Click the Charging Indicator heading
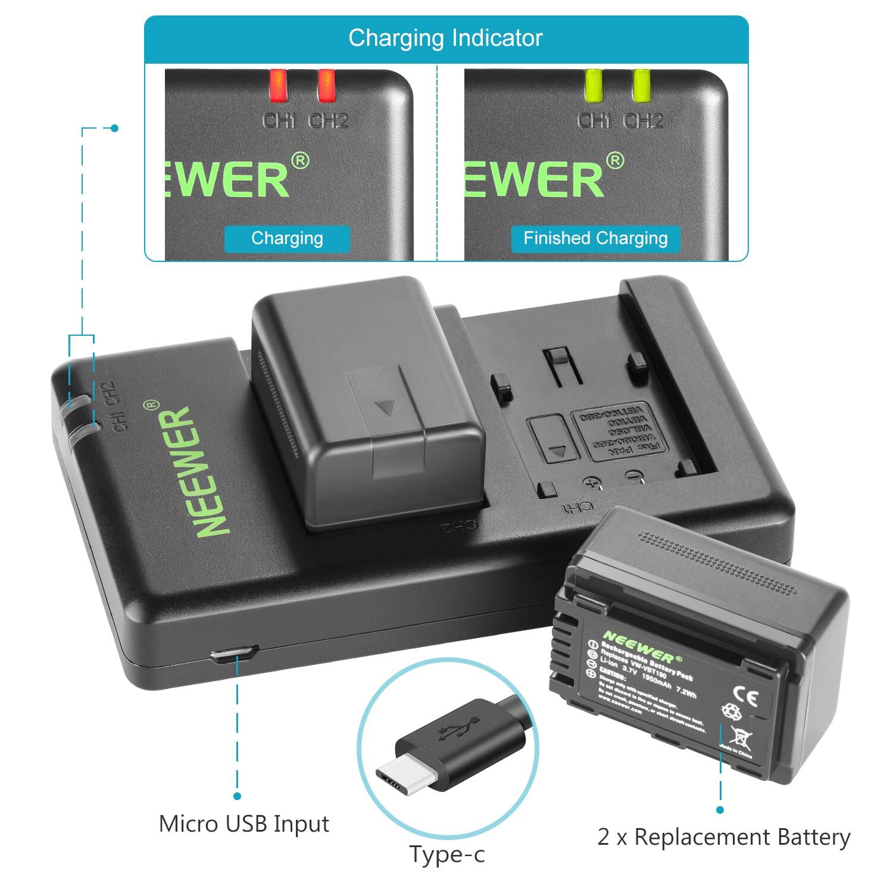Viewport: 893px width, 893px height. tap(445, 38)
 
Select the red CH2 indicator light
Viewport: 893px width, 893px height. tap(326, 86)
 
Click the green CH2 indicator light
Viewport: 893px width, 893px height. tap(641, 86)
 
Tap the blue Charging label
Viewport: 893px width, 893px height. tap(287, 238)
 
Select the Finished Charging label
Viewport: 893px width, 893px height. tap(595, 238)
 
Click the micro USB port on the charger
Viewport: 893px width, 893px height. tap(233, 654)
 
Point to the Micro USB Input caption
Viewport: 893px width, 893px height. tap(244, 824)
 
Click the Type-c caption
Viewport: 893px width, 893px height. tap(447, 854)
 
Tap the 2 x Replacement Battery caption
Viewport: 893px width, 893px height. tap(724, 837)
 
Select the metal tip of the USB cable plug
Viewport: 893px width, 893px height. tap(398, 775)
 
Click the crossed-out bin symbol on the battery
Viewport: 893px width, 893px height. tap(740, 737)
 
